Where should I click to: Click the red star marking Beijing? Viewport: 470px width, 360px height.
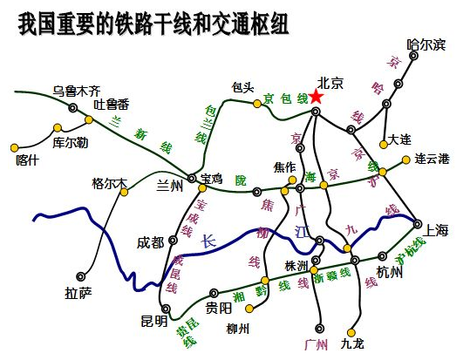(316, 97)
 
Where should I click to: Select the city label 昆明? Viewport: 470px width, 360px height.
(153, 321)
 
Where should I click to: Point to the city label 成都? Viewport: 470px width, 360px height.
(150, 242)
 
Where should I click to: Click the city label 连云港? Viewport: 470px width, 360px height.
(432, 159)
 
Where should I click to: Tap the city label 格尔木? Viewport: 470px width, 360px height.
(109, 183)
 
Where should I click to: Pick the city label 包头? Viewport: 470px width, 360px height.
(243, 87)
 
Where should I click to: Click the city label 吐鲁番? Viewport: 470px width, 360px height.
(111, 105)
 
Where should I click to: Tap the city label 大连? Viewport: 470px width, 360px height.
(399, 139)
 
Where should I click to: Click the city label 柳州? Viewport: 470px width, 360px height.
(237, 329)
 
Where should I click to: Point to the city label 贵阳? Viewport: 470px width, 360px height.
(219, 308)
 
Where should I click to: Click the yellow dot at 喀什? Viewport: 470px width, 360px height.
(14, 147)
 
